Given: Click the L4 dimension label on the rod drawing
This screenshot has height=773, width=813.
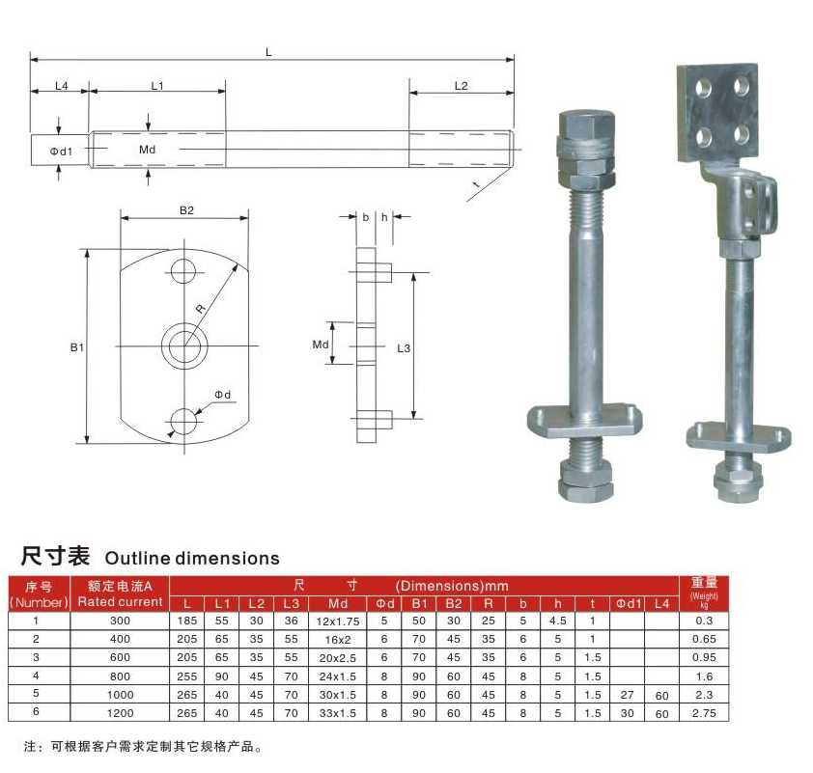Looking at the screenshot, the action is click(62, 86).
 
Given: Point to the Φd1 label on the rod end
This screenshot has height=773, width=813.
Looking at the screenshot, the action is click(61, 152).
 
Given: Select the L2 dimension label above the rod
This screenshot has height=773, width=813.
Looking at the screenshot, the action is click(461, 86).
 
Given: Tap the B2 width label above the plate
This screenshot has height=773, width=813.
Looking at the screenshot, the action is click(186, 210).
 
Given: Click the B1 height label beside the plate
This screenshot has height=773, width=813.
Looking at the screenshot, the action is click(77, 347).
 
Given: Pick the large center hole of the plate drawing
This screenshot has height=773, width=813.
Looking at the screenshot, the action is click(184, 346).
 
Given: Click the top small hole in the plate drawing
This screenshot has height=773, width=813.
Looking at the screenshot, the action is click(183, 270).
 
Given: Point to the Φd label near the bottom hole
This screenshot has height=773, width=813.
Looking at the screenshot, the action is click(223, 395).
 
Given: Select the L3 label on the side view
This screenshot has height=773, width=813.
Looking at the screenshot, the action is click(404, 348).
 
